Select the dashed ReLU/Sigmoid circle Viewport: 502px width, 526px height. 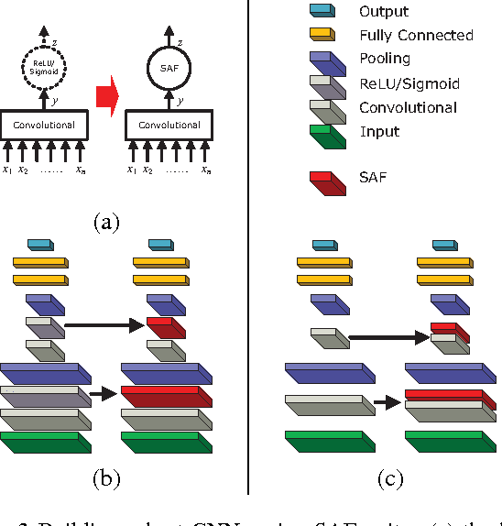pyautogui.click(x=38, y=67)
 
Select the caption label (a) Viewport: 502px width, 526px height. pyautogui.click(x=107, y=221)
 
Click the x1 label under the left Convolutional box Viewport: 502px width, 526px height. pyautogui.click(x=7, y=169)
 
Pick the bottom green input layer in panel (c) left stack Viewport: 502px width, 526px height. pyautogui.click(x=331, y=440)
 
